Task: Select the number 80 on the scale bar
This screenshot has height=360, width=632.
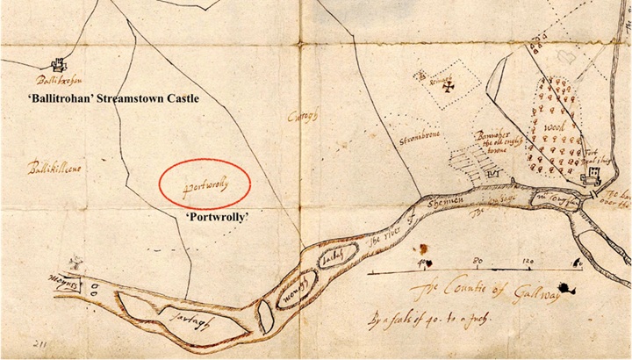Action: point(478,261)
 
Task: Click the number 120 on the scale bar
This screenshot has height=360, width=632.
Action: point(529,261)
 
